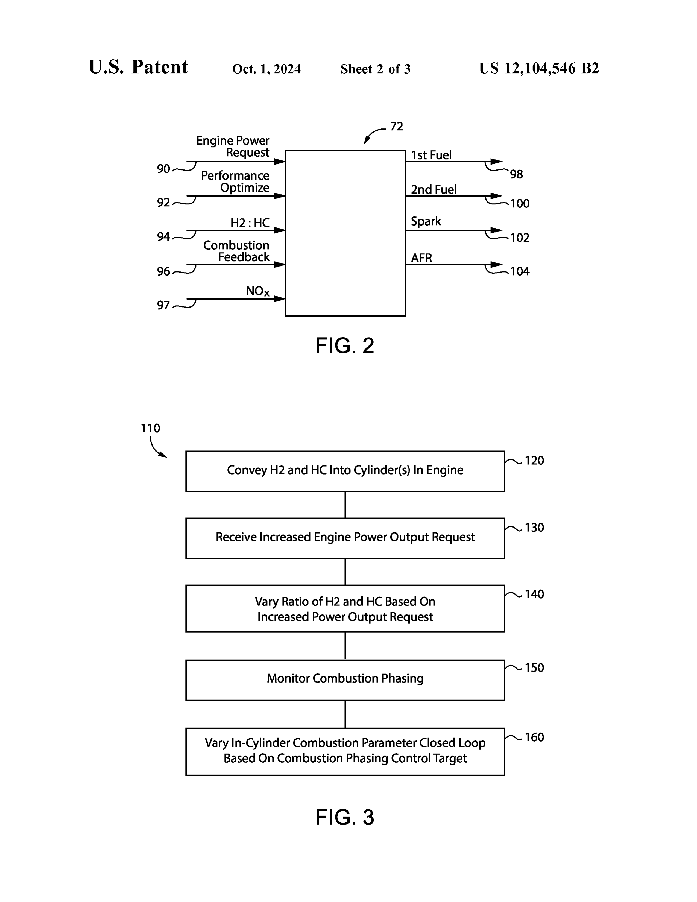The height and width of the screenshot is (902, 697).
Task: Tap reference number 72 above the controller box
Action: click(x=396, y=126)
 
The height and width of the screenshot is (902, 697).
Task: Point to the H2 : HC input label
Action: click(x=250, y=223)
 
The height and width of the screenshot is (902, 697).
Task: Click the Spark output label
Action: click(x=426, y=222)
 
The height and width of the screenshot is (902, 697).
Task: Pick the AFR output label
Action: click(x=421, y=258)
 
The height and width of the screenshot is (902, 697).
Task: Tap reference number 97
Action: click(x=163, y=305)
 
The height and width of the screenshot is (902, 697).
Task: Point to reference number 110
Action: click(x=150, y=428)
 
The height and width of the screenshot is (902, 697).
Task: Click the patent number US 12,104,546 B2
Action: click(x=539, y=68)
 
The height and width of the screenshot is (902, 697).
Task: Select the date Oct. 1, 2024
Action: click(x=266, y=69)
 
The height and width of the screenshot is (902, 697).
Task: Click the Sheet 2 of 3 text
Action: click(x=375, y=69)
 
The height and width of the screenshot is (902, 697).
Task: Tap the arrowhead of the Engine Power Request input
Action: click(x=280, y=162)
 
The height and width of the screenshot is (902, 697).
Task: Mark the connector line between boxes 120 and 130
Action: click(x=345, y=505)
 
